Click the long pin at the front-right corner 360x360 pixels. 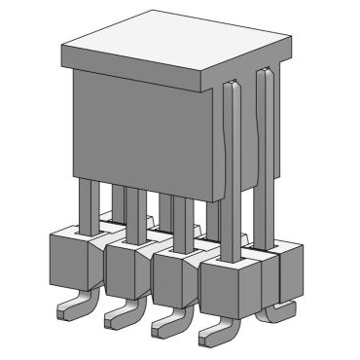[x=230, y=175]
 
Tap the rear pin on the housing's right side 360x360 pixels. [x=264, y=156]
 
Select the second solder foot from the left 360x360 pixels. [x=122, y=316]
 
